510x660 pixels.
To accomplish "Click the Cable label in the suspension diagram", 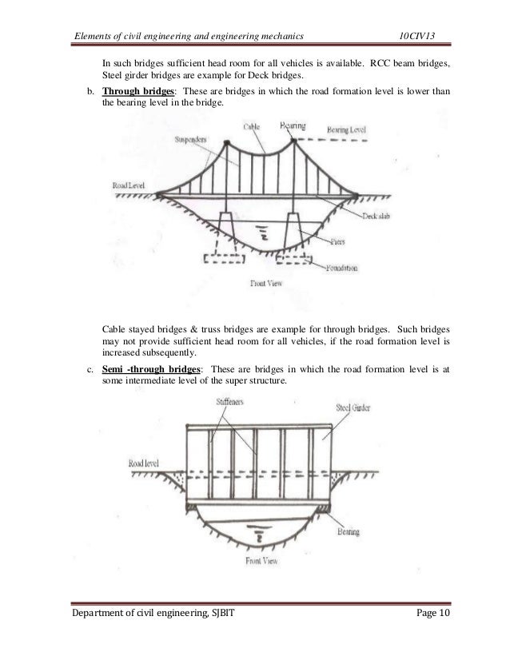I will tap(252, 126).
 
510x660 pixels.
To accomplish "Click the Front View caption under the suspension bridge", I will tap(267, 283).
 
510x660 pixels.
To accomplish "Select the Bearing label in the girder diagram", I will tap(348, 531).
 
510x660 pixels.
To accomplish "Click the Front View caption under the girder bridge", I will tap(265, 560).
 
